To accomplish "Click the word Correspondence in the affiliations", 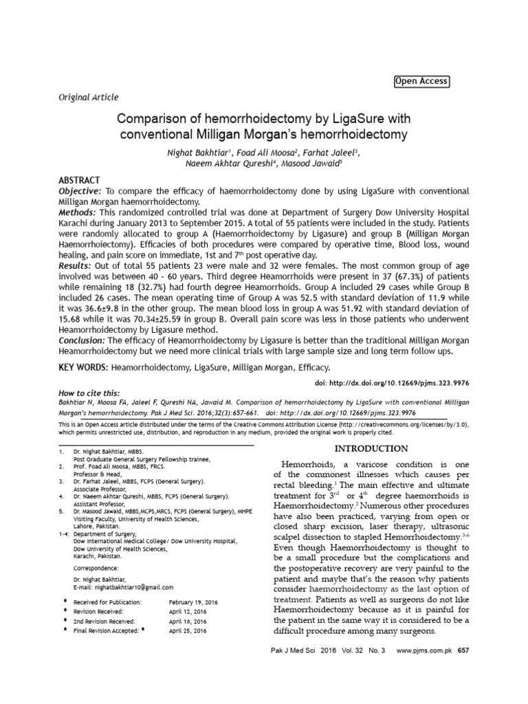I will click(98, 569).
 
